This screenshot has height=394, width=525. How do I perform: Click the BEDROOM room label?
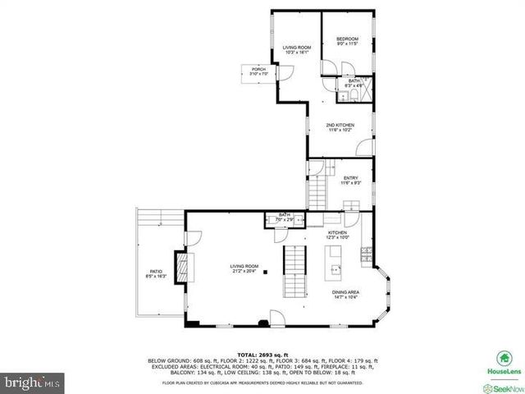click(x=347, y=39)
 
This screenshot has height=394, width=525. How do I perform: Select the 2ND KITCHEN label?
click(x=340, y=125)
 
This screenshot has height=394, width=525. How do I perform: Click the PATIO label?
click(x=156, y=271)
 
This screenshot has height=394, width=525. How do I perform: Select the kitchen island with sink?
click(x=335, y=270)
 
